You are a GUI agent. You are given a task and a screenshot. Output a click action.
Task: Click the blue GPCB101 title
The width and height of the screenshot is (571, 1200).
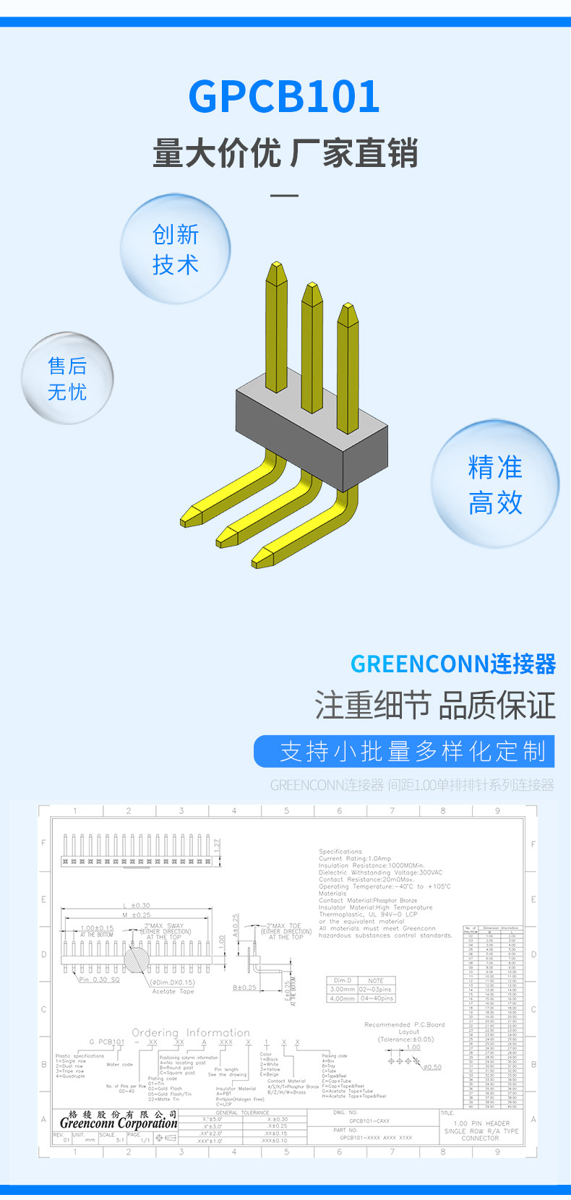coord(284,96)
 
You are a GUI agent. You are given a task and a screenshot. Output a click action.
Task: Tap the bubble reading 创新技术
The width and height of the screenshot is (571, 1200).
coord(175,249)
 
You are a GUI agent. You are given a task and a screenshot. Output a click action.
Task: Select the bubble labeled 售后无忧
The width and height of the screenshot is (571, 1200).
coord(67,378)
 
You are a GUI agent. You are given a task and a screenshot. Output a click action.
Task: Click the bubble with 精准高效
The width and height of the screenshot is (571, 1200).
coord(495,484)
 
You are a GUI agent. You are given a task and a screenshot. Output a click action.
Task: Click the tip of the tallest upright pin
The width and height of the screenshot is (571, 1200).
coord(276,269)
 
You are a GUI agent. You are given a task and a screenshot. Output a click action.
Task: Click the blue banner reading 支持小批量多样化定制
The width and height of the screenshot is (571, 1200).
coord(404,752)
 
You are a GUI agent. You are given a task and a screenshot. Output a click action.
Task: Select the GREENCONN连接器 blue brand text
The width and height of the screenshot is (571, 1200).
coord(453,664)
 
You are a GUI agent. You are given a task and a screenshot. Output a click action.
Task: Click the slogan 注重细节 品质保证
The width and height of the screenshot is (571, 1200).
coord(435,706)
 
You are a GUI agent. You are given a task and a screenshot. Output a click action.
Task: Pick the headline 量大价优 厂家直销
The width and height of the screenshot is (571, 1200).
coord(285,153)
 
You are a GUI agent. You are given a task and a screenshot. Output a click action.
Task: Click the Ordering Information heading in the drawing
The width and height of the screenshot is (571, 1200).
coord(191,1032)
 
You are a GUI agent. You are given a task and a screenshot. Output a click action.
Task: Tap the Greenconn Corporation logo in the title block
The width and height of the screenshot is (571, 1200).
coord(119,1122)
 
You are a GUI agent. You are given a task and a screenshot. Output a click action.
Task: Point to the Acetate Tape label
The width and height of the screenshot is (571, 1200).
coord(173,991)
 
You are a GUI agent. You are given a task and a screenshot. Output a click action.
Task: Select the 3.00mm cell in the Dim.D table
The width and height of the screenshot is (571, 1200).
coord(343,989)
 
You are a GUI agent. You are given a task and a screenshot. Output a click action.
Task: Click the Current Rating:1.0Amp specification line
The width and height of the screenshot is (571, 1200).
coord(355,858)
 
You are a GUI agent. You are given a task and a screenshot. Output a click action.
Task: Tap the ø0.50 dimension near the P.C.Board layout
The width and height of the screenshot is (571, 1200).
coord(432,1067)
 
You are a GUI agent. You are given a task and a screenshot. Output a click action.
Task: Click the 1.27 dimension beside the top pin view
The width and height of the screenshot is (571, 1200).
coord(218,845)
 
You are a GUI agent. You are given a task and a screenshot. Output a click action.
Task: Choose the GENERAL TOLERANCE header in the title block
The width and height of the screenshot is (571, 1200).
coord(242,1113)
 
